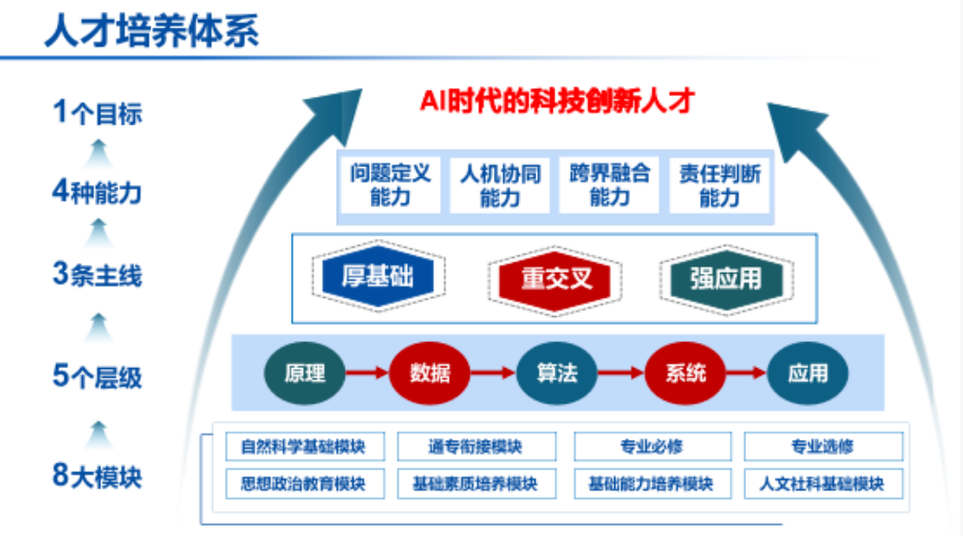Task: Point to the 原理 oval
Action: click(x=304, y=373)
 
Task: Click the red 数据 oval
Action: click(x=430, y=373)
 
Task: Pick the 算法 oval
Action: click(x=557, y=373)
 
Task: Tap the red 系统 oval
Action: click(x=685, y=373)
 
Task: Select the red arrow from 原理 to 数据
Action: click(x=367, y=373)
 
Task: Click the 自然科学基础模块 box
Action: click(x=304, y=447)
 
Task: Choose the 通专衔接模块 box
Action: click(x=476, y=447)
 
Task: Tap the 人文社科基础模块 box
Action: click(x=823, y=483)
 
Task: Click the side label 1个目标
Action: click(x=97, y=113)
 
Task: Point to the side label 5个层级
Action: click(x=97, y=377)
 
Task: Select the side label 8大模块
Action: click(x=97, y=476)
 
